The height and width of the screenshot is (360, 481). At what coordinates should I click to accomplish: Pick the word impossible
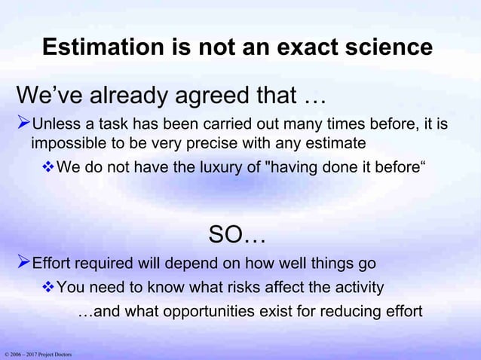click(x=67, y=143)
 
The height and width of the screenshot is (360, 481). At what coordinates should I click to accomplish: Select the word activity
click(x=356, y=287)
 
